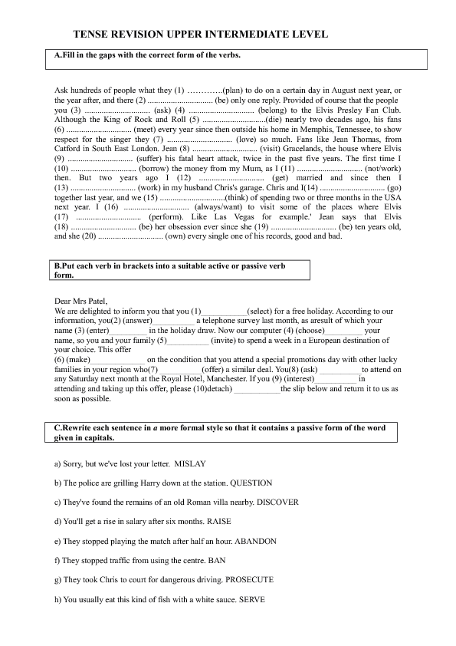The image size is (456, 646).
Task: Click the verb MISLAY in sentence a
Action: pos(190,464)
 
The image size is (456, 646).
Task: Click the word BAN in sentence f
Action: pos(225,561)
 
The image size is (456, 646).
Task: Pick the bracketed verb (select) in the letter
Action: pos(263,311)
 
